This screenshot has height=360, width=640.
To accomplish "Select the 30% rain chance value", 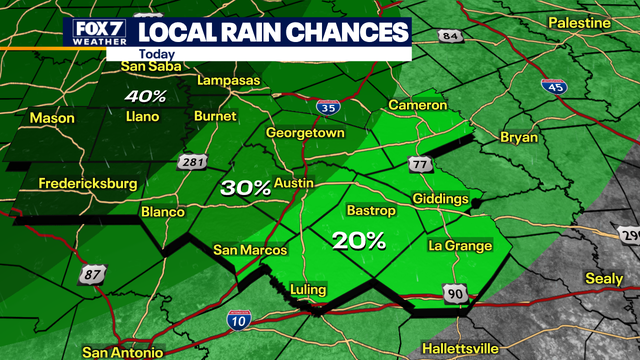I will coord(245,187).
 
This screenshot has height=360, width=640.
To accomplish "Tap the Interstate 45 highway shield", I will coord(551,88).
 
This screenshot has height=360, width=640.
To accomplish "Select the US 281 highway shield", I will coord(192,162).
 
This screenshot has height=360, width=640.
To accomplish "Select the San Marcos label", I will coord(250,250).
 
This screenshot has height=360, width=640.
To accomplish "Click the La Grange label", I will coord(460,246).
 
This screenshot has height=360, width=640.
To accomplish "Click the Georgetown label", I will coord(306,132).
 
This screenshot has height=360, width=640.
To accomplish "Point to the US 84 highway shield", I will coord(452,37).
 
